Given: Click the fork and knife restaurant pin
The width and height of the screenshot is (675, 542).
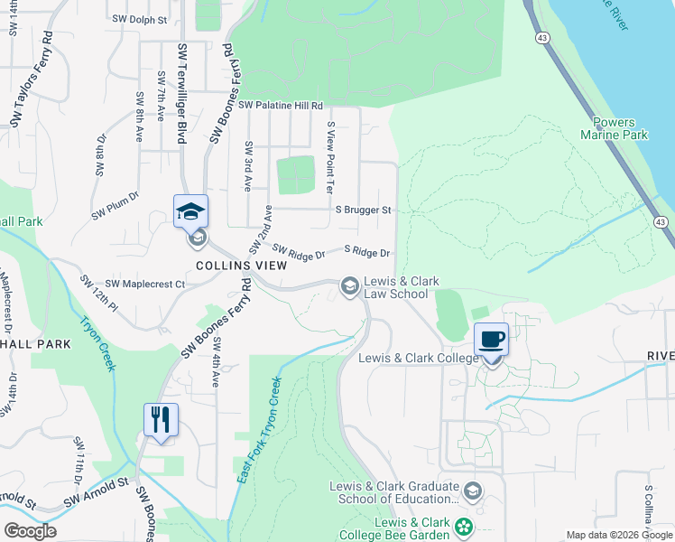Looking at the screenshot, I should [x=161, y=421].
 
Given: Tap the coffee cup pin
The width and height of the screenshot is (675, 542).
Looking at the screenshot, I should [x=491, y=341].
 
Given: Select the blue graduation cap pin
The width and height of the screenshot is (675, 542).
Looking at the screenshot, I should [x=190, y=212].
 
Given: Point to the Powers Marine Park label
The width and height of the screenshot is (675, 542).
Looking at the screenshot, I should [x=621, y=128].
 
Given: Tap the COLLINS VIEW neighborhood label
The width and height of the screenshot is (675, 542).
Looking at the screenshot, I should [x=241, y=266].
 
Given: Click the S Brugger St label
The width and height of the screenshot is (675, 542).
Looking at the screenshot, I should [x=363, y=210].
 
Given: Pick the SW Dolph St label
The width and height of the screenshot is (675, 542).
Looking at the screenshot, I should [x=140, y=18].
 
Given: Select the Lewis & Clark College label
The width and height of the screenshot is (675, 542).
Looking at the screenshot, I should [x=418, y=358].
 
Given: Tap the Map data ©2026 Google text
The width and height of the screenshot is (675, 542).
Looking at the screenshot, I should [x=618, y=535].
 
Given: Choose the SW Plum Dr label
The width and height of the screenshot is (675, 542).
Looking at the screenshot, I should [x=115, y=205].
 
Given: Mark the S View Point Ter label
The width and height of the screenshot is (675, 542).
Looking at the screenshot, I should [x=330, y=157].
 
